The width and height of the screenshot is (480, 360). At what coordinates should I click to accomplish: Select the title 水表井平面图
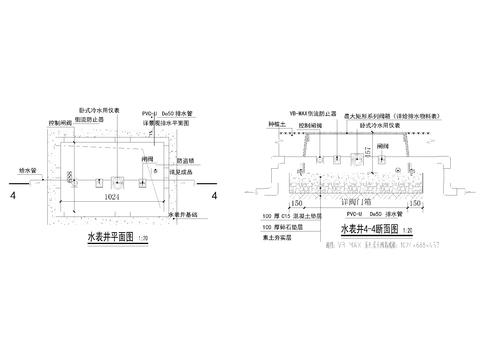point(109,239)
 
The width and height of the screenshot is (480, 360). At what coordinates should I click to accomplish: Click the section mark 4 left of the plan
point(12,196)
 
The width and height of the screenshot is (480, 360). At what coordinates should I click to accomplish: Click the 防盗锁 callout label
point(183,160)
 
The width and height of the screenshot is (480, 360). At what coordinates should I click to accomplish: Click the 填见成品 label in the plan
point(184,172)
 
